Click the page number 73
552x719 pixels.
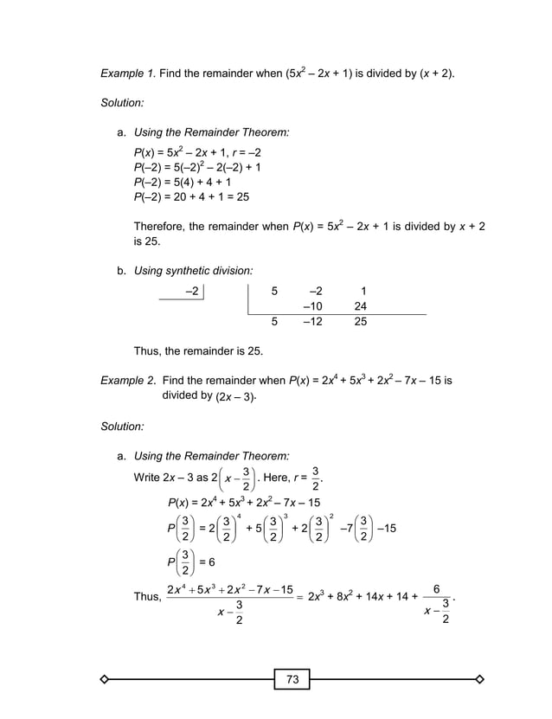(292, 680)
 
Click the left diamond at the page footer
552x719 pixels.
(105, 680)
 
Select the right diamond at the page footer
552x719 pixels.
(480, 680)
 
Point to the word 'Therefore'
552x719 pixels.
(159, 227)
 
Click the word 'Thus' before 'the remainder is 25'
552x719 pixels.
(147, 351)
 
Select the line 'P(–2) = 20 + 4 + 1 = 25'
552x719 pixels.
(191, 197)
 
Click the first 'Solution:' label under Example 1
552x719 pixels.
(122, 103)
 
